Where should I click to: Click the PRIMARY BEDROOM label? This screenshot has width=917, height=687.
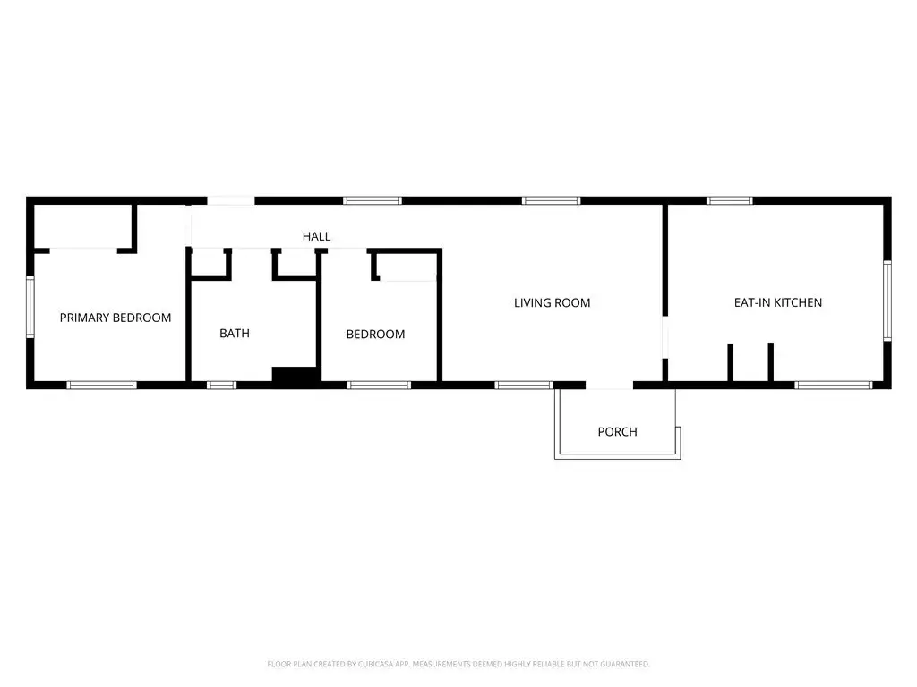pyautogui.click(x=116, y=318)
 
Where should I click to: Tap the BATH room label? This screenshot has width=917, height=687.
pyautogui.click(x=235, y=334)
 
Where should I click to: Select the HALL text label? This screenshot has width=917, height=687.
pyautogui.click(x=316, y=237)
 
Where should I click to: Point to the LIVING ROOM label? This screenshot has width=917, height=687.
pyautogui.click(x=552, y=303)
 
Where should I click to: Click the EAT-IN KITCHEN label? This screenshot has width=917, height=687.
pyautogui.click(x=777, y=303)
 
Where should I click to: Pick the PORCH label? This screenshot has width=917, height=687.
pyautogui.click(x=617, y=432)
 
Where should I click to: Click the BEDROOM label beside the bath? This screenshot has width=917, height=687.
pyautogui.click(x=375, y=335)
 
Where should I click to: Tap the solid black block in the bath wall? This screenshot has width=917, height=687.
pyautogui.click(x=295, y=377)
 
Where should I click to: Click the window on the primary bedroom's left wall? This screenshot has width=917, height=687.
pyautogui.click(x=30, y=307)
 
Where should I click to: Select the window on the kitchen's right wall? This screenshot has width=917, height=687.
pyautogui.click(x=887, y=300)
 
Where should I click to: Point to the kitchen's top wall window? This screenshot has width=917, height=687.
pyautogui.click(x=729, y=200)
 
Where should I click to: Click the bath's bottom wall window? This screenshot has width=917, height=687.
pyautogui.click(x=221, y=385)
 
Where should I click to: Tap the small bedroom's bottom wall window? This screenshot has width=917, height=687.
pyautogui.click(x=378, y=385)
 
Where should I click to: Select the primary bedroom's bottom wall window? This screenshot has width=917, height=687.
pyautogui.click(x=101, y=385)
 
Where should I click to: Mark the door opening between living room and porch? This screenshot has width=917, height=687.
pyautogui.click(x=610, y=386)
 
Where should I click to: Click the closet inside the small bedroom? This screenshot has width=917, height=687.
pyautogui.click(x=406, y=266)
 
